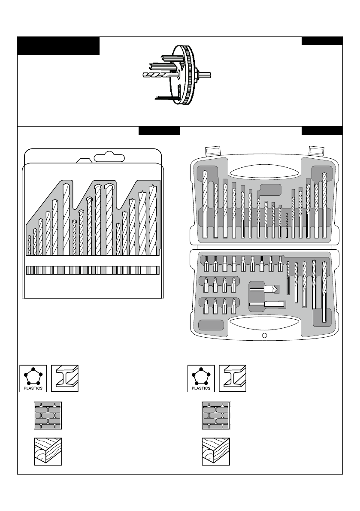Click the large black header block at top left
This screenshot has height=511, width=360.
coord(58,46)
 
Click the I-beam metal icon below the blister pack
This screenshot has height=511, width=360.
coord(65,378)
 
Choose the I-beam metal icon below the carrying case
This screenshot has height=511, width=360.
coord(233,378)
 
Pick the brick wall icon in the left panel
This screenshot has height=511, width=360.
coord(48,416)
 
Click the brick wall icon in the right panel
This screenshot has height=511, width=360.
coord(216,416)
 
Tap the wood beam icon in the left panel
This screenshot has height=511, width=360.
coord(48,452)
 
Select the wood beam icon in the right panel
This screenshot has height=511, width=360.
coord(216,452)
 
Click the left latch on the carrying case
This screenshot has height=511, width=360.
coord(213,151)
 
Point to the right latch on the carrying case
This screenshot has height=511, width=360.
coord(318,151)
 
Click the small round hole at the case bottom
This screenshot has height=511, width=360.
coord(264,336)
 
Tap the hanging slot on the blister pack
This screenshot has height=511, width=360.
coord(109,157)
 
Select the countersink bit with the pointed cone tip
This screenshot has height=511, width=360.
coord(263,290)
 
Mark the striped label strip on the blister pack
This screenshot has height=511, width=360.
coord(93,270)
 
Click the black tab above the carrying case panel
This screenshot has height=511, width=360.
coord(322,131)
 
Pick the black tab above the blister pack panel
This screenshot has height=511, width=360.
coord(159,131)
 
